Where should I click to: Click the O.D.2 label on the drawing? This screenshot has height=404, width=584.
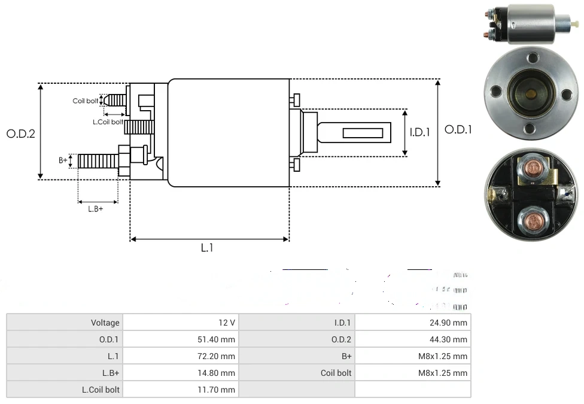tap(21, 133)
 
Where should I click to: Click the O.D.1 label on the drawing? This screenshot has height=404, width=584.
tap(458, 129)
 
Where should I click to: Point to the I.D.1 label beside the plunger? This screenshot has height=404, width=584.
tap(419, 132)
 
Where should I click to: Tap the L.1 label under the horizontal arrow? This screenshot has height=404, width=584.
tap(206, 248)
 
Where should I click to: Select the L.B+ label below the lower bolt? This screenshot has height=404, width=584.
tap(95, 209)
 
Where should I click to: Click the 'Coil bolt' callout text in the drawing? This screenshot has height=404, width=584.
tap(85, 101)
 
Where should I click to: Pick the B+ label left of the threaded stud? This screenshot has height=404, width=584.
tap(63, 160)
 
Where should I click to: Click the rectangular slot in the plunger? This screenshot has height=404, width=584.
tap(363, 132)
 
